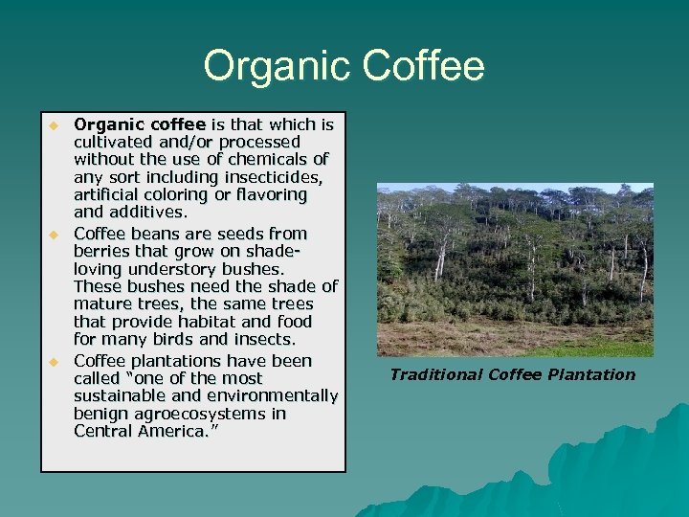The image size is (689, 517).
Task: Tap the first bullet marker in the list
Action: (x=55, y=125)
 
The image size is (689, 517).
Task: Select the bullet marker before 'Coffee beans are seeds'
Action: (x=55, y=235)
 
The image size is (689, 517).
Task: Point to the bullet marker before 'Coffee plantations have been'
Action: (x=55, y=362)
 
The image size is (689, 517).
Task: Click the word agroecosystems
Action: (x=196, y=414)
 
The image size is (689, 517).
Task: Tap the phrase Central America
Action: (x=141, y=431)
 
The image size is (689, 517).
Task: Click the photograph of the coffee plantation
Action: (x=515, y=269)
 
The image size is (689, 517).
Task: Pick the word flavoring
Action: (x=273, y=194)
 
